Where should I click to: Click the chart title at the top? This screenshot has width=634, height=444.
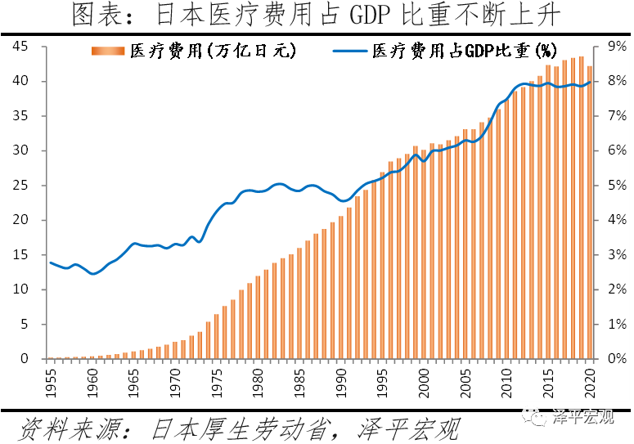(317, 15)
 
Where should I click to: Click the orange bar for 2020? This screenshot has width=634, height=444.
(589, 213)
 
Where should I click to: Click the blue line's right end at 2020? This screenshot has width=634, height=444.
(590, 82)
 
